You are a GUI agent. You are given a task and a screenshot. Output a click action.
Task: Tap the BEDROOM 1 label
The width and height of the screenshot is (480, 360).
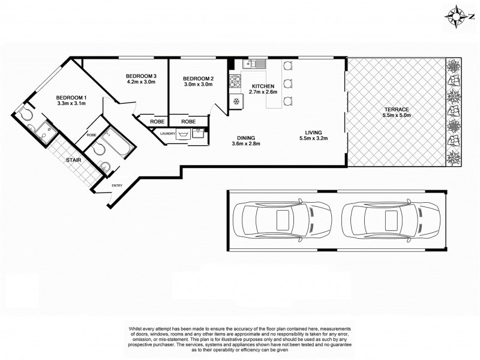tap(71, 98)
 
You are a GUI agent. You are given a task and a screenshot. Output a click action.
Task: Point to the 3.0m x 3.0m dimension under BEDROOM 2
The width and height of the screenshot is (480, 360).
tap(198, 85)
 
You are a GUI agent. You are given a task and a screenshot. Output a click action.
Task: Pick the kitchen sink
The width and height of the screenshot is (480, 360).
tap(255, 63)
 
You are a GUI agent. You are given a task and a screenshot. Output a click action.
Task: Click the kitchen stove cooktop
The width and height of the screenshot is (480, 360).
tap(235, 80)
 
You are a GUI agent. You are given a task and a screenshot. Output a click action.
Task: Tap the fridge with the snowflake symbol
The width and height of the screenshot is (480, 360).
tap(236, 101)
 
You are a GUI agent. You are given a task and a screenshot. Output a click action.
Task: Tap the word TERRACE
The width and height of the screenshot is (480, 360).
tap(397, 109)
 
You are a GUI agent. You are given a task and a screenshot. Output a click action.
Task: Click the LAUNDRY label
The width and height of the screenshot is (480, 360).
tap(167, 134)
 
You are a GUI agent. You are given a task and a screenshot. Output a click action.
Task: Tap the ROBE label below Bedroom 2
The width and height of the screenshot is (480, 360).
tap(188, 121)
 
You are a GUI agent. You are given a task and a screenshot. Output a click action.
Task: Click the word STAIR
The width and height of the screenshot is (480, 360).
tap(73, 160)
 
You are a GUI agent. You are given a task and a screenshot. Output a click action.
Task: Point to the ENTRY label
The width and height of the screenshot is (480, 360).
tap(116, 185)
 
